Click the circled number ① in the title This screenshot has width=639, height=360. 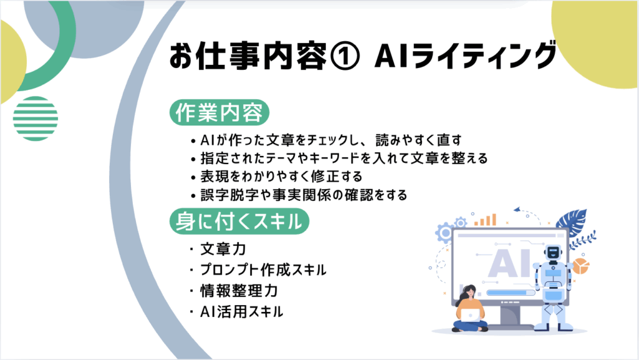click(x=344, y=56)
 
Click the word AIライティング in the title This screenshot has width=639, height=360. click(x=465, y=56)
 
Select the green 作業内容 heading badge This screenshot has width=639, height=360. click(x=219, y=112)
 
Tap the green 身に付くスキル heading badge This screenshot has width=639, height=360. click(x=239, y=221)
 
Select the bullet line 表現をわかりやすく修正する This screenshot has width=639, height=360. click(x=281, y=177)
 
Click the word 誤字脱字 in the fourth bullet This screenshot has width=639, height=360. click(x=230, y=195)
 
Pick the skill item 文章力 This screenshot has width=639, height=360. click(x=223, y=249)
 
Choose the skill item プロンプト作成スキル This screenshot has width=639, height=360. click(x=263, y=270)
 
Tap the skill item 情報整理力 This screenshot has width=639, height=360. click(x=239, y=291)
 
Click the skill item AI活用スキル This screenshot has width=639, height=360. click(x=241, y=312)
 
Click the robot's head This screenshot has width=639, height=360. click(x=553, y=253)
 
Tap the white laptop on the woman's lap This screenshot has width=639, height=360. click(x=471, y=315)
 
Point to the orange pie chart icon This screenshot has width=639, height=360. click(x=580, y=266)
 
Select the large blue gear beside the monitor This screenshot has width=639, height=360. click(x=445, y=233)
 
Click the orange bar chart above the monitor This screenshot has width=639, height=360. click(x=485, y=220)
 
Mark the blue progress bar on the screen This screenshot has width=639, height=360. click(x=510, y=293)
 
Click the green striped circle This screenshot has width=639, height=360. click(x=36, y=119)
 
